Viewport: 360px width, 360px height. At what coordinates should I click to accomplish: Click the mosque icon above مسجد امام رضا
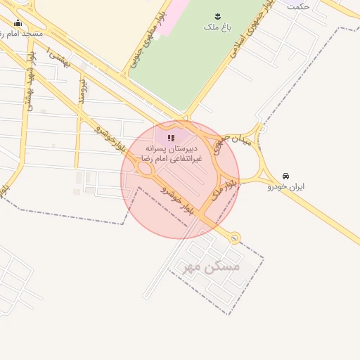(x=18, y=23)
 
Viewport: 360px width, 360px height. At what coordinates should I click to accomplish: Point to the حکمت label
(x=298, y=6)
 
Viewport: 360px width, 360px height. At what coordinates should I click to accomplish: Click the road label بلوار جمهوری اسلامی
(x=252, y=32)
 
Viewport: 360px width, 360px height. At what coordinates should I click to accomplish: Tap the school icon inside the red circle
(x=172, y=138)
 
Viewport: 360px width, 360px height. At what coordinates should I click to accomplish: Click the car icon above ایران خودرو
(x=285, y=176)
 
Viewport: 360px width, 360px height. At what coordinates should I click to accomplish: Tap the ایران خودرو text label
(x=285, y=187)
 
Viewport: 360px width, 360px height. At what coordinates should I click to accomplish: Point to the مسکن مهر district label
(x=212, y=267)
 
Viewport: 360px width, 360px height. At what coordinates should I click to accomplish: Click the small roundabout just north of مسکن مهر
(x=234, y=238)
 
